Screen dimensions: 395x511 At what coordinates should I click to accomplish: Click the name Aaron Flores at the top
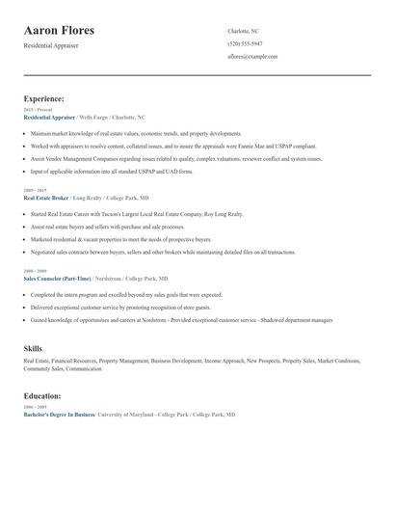pyautogui.click(x=59, y=31)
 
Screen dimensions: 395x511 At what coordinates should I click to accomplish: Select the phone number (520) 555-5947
pyautogui.click(x=245, y=43)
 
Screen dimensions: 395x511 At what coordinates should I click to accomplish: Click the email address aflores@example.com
pyautogui.click(x=252, y=56)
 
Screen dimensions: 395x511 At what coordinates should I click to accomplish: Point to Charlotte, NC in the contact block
pyautogui.click(x=243, y=31)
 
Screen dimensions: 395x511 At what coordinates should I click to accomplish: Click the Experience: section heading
pyautogui.click(x=43, y=98)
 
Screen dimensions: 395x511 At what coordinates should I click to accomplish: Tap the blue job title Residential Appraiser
pyautogui.click(x=49, y=117)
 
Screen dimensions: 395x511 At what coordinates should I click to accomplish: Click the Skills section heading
pyautogui.click(x=33, y=347)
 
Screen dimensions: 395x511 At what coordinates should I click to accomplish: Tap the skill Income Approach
pyautogui.click(x=225, y=361)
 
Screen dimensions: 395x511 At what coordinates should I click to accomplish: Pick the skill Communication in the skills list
pyautogui.click(x=84, y=368)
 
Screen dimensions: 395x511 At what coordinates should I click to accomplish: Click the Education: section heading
pyautogui.click(x=42, y=395)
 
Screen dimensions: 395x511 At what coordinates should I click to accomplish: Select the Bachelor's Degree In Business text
pyautogui.click(x=60, y=414)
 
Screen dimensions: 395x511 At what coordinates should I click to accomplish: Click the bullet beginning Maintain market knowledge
pyautogui.click(x=135, y=133)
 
